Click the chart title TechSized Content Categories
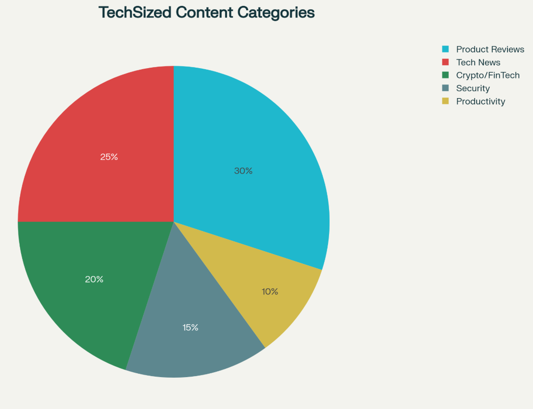coord(206,12)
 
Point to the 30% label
coord(243,171)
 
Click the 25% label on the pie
coord(109,157)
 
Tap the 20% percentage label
coord(94,279)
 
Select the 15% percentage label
coord(190,327)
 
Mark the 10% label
coord(270,291)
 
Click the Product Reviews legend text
coord(490,49)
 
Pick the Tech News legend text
coord(478,62)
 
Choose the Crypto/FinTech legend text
coord(487,75)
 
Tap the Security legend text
coord(473,88)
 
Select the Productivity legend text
coord(480,102)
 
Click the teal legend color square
coord(445,49)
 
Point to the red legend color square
coord(445,62)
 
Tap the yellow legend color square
coord(445,101)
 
